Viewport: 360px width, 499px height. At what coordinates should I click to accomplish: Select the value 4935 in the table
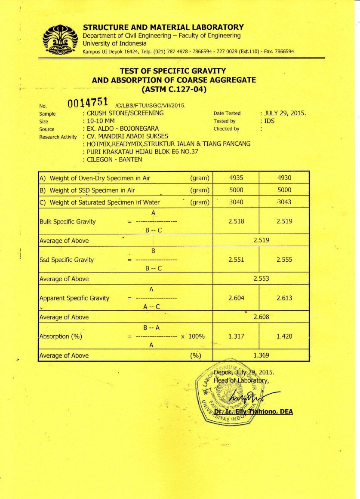[236, 178]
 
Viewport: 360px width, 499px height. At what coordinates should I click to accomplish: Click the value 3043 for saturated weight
[284, 202]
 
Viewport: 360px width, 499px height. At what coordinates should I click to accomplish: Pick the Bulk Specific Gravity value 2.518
[236, 221]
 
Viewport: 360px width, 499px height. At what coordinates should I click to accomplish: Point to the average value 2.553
[261, 279]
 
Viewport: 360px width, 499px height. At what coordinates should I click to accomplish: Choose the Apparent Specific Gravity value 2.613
[284, 298]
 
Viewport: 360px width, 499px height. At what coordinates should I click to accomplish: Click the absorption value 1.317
[236, 336]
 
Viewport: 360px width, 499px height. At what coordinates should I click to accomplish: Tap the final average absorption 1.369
[261, 355]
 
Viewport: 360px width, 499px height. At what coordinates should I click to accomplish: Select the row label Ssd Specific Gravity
[66, 260]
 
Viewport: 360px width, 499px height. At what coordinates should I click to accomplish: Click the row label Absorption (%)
[61, 336]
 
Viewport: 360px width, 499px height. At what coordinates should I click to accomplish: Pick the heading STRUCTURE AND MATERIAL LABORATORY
[163, 27]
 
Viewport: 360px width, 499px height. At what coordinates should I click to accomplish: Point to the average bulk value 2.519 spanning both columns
[261, 240]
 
